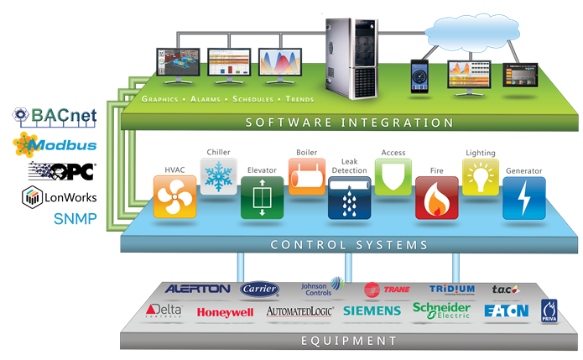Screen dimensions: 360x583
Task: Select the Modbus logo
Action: coord(55,145)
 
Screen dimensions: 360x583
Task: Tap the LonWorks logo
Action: coord(59,197)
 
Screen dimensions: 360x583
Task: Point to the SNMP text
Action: coord(76,220)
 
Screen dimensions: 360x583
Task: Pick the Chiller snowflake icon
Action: coord(219,175)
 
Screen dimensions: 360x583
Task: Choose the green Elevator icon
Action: coord(263,198)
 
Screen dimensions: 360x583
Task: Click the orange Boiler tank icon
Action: coord(306,175)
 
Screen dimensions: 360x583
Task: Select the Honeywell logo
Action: coord(225,312)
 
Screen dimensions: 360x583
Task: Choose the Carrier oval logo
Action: coord(259,289)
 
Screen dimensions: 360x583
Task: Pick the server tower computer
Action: coord(348,52)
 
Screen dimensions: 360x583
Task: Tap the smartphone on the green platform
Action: coord(420,76)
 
